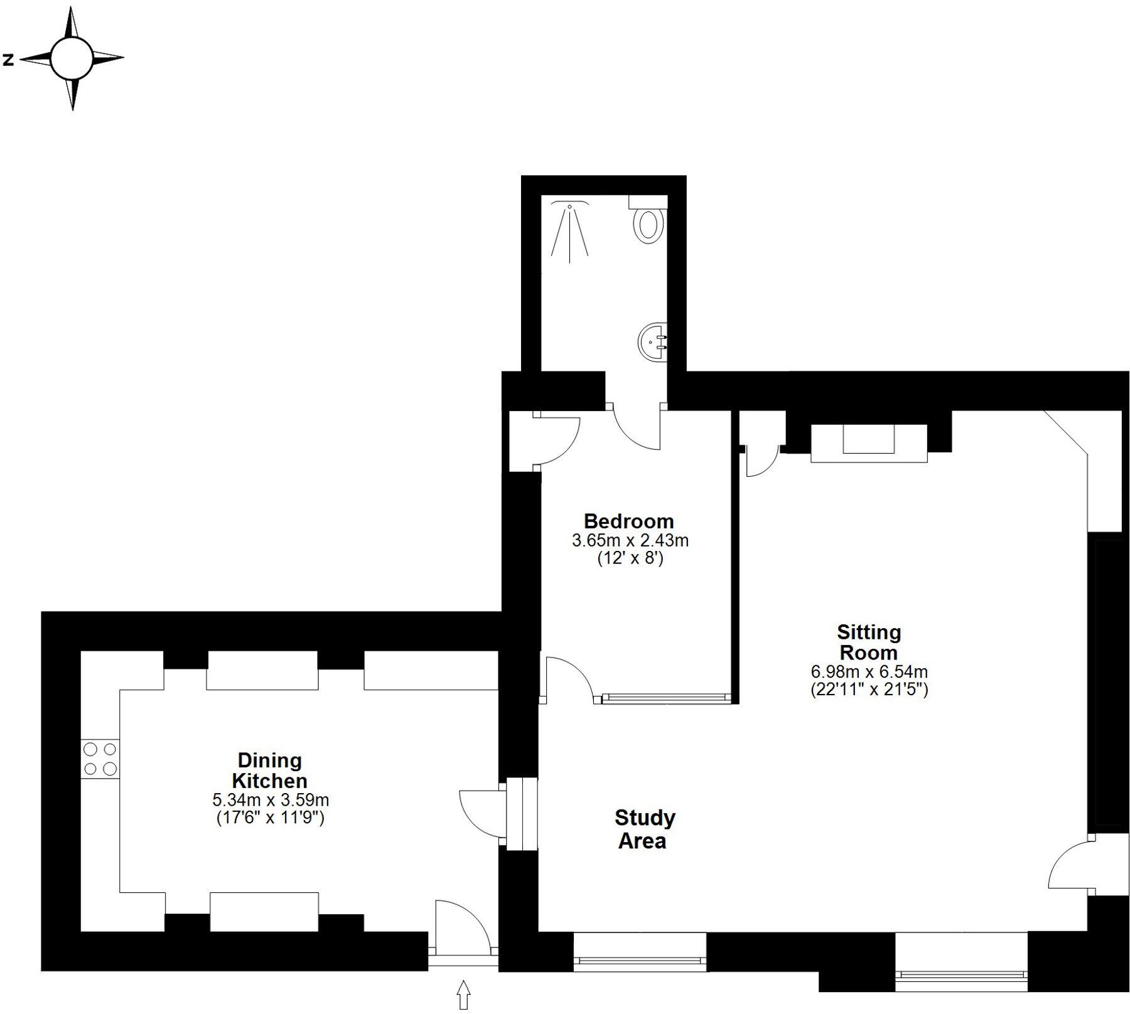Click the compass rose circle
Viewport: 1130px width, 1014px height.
[x=72, y=58]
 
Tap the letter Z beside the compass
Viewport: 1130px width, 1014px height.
[x=8, y=60]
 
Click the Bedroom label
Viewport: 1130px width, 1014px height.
[x=628, y=521]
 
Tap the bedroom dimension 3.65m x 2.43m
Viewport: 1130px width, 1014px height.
[x=630, y=540]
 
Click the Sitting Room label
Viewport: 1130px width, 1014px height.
[x=868, y=642]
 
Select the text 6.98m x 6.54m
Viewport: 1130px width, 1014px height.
[x=869, y=671]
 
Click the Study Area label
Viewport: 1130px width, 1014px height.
[x=644, y=829]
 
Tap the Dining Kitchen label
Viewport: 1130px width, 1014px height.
[x=269, y=771]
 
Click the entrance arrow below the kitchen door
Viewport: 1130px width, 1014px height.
[x=463, y=995]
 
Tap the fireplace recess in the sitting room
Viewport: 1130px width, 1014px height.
[x=868, y=439]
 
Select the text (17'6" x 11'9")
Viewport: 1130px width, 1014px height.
[x=270, y=819]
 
